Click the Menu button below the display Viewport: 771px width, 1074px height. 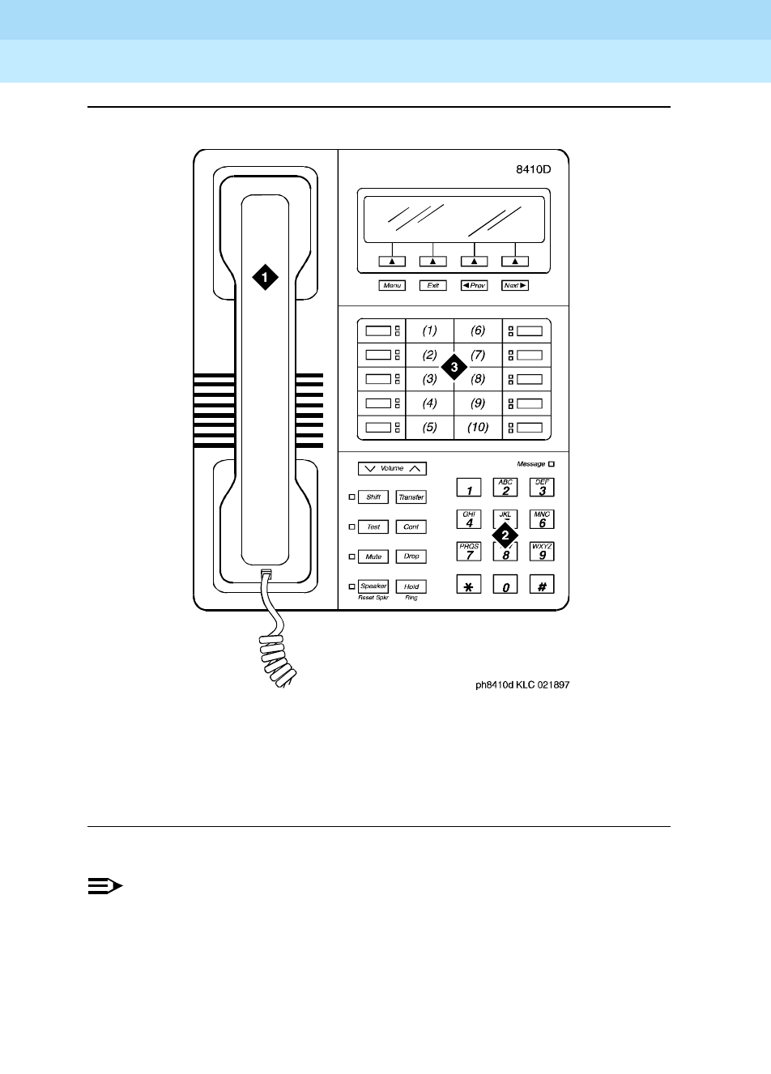pyautogui.click(x=393, y=285)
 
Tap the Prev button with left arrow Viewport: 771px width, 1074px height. pyautogui.click(x=474, y=285)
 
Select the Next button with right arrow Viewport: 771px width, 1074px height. pyautogui.click(x=515, y=285)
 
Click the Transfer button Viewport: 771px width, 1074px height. pyautogui.click(x=411, y=497)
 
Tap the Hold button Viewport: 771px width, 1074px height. pyautogui.click(x=411, y=586)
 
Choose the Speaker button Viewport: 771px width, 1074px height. pyautogui.click(x=373, y=586)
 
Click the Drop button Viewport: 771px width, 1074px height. pyautogui.click(x=411, y=556)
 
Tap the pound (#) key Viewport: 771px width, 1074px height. pyautogui.click(x=542, y=585)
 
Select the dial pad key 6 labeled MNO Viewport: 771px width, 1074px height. pyautogui.click(x=542, y=519)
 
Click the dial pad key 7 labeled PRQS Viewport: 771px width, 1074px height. pyautogui.click(x=469, y=552)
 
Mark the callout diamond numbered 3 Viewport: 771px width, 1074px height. pyautogui.click(x=454, y=367)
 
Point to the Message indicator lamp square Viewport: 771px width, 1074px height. pyautogui.click(x=552, y=464)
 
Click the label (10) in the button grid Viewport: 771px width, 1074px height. pyautogui.click(x=478, y=427)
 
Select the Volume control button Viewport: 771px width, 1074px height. pyautogui.click(x=392, y=468)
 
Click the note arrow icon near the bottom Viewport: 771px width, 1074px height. pyautogui.click(x=104, y=887)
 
